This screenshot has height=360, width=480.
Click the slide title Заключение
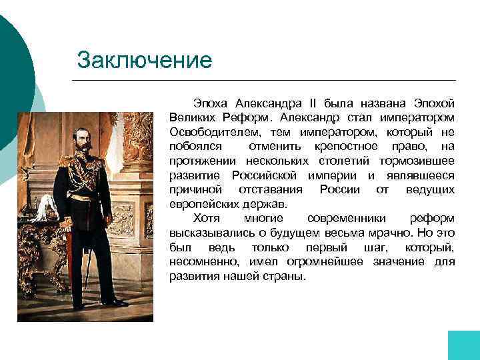[145, 60]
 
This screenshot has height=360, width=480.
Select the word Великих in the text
[191, 118]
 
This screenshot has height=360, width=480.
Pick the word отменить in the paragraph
[274, 147]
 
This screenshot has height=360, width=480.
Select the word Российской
[266, 175]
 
